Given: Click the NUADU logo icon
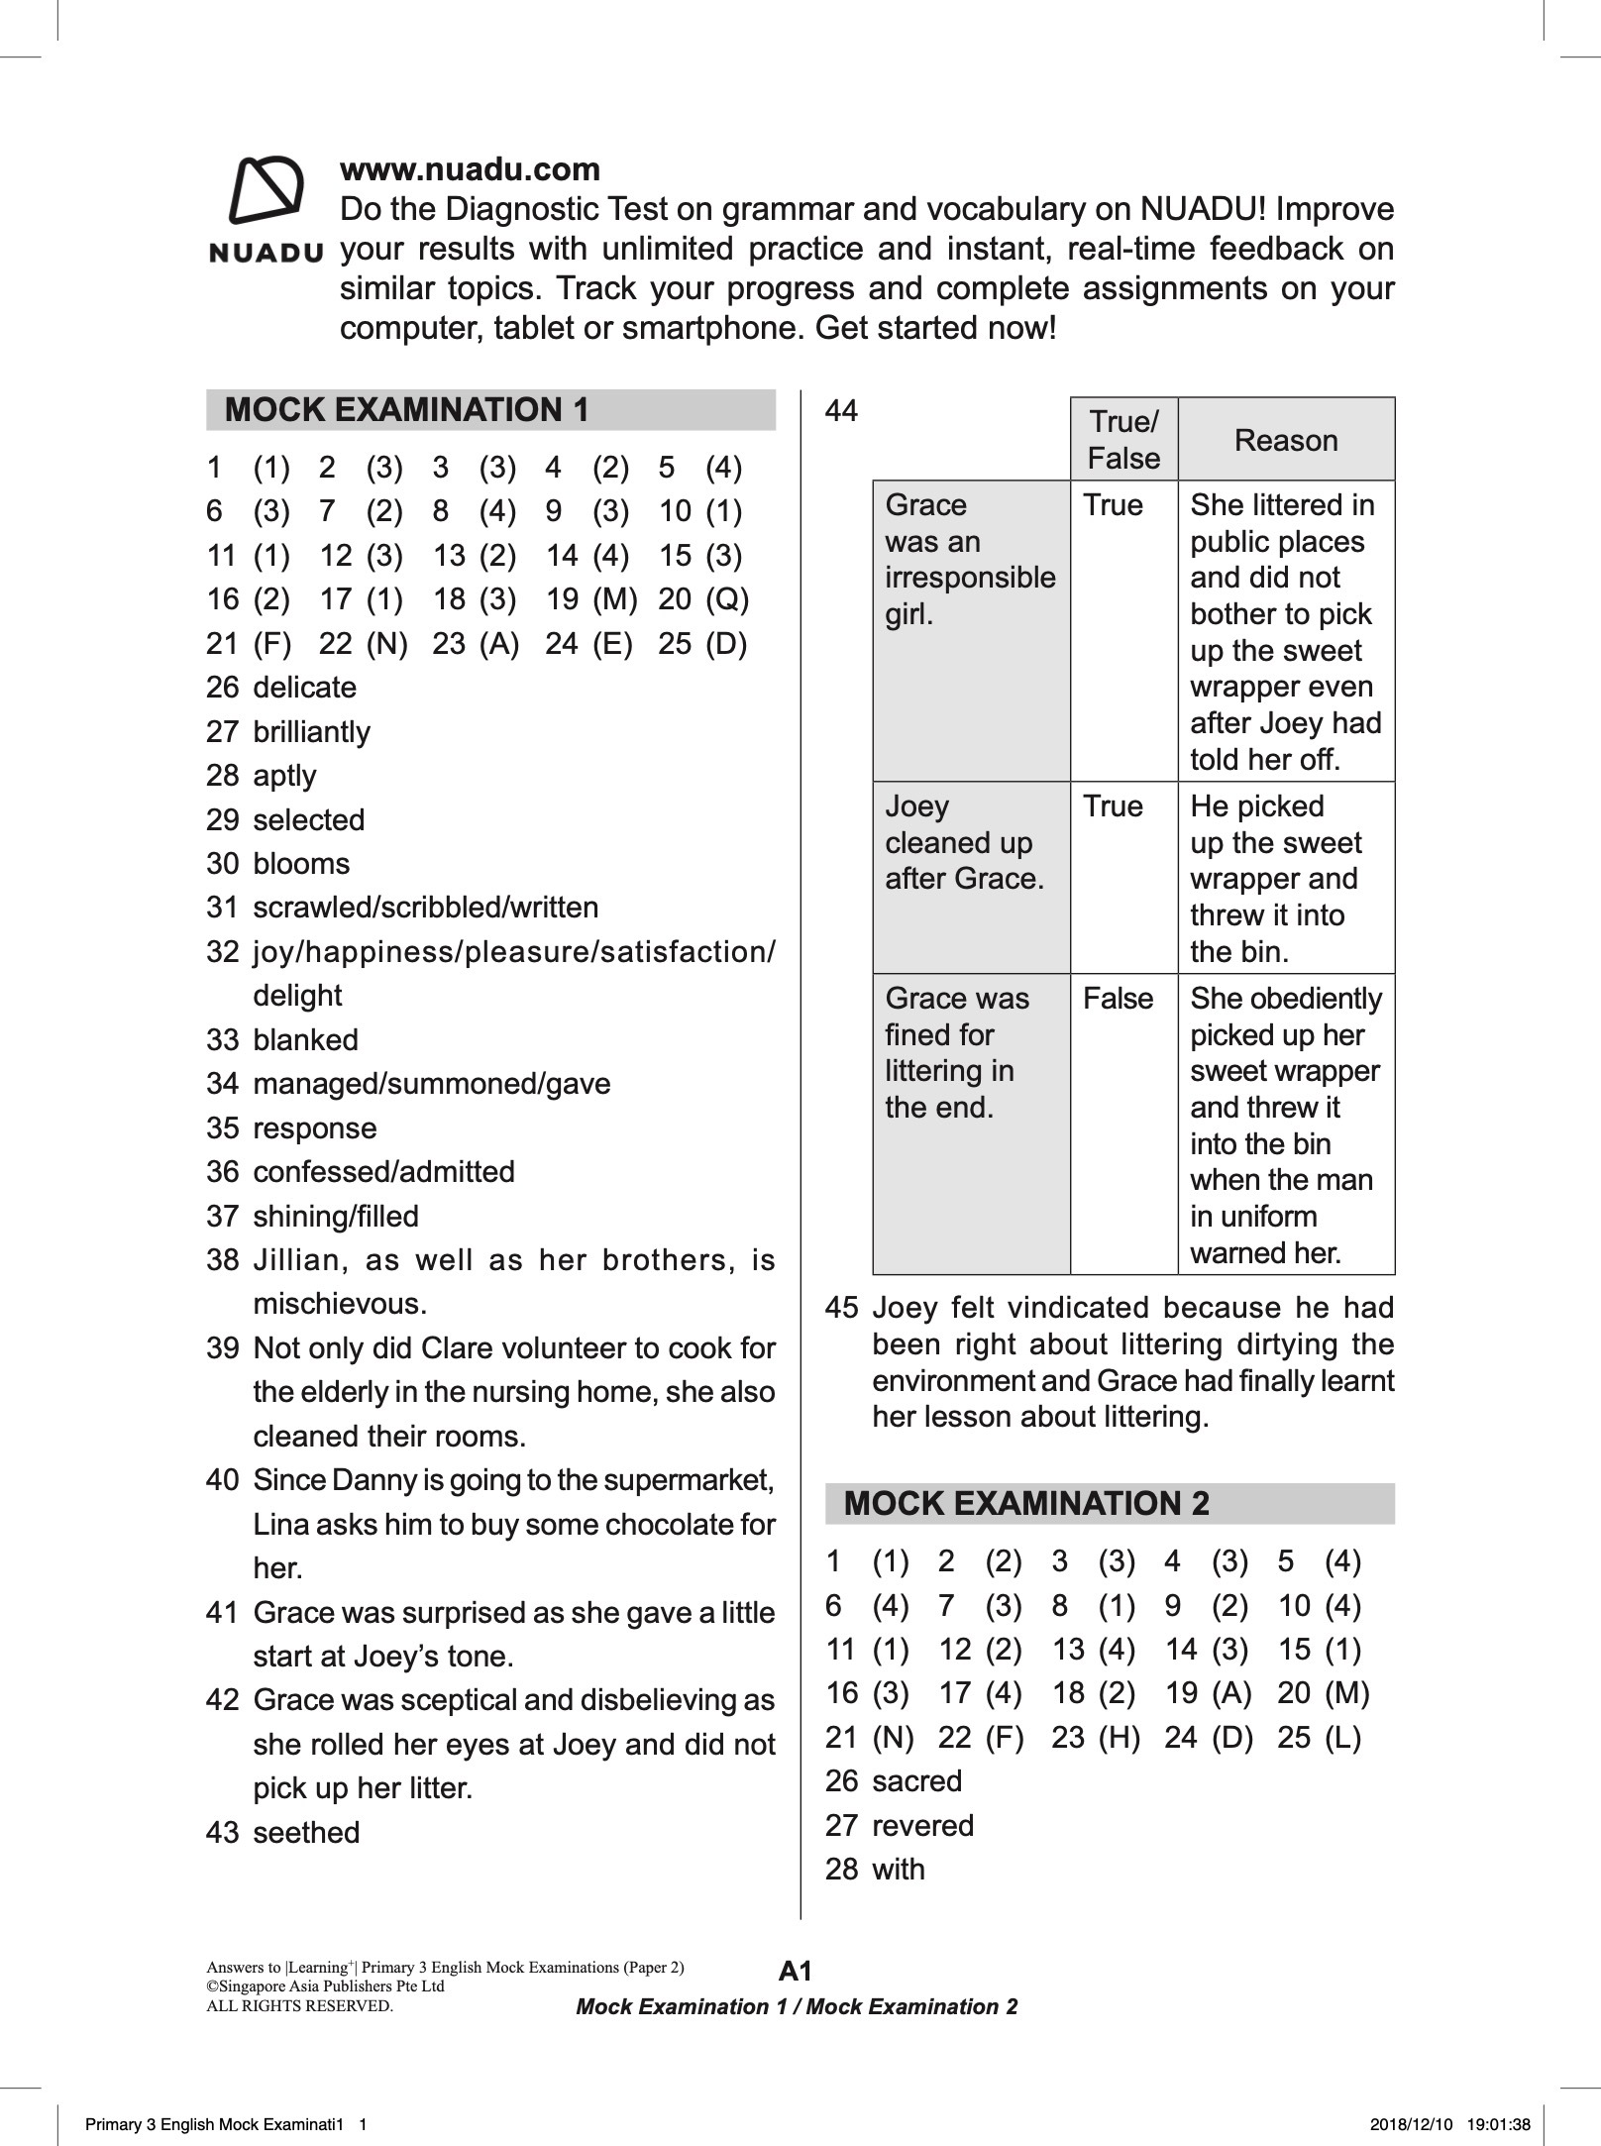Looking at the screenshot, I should pos(266,190).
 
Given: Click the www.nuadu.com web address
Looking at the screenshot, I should pos(470,169).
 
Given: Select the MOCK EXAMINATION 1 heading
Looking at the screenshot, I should pos(406,410).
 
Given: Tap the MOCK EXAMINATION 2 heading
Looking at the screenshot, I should pos(1025,1503).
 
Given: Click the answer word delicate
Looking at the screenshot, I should pos(304,688).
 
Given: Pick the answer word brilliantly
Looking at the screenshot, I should pos(311,732).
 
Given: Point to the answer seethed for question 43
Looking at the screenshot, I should pos(306,1832).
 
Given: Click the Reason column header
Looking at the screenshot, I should pos(1285,440).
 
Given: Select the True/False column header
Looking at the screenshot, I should pos(1122,440).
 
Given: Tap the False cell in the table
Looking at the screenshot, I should pos(1118,998).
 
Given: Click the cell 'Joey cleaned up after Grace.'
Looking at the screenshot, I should pos(963,842).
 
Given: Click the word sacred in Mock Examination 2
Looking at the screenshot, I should pos(916,1780).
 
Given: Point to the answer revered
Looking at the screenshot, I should pos(922,1825).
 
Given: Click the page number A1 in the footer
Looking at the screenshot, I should pos(796,1971).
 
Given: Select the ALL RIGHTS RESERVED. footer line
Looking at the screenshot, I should pos(298,2006).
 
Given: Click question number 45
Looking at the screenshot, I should pos(840,1308).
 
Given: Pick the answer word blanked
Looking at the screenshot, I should pos(305,1040).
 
